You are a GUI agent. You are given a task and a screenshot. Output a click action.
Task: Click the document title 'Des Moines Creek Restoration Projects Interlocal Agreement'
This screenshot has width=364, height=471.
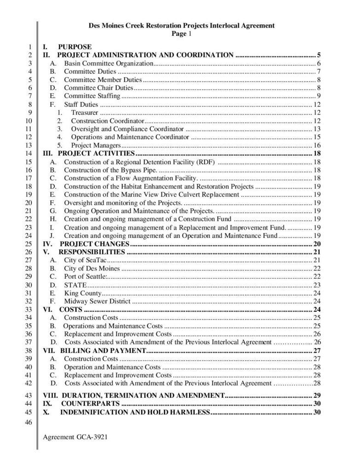tap(181, 26)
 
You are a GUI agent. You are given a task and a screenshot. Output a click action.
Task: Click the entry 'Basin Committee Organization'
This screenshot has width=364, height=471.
tap(108, 63)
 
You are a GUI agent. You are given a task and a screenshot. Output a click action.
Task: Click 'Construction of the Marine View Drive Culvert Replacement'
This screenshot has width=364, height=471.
tap(151, 195)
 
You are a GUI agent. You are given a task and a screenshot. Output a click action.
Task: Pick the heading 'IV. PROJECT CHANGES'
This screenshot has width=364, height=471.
tap(86, 244)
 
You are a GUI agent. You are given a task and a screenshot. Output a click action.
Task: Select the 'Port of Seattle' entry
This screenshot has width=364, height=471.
tap(85, 276)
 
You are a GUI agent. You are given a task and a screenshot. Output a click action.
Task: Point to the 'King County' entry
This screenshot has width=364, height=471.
tap(82, 293)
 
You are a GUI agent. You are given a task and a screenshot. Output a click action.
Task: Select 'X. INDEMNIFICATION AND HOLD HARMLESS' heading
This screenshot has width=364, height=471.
tap(126, 412)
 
